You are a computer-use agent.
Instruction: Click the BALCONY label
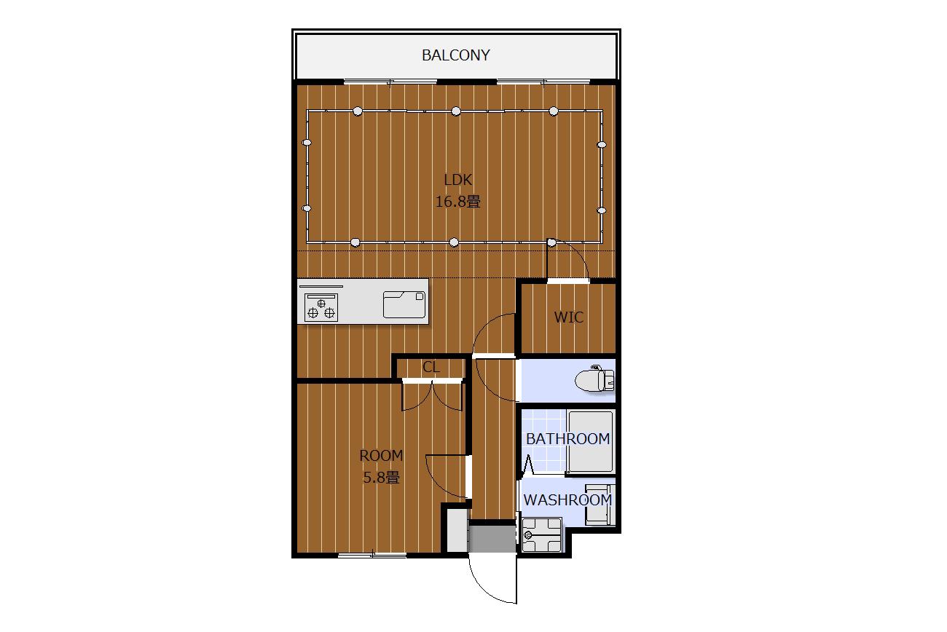pyautogui.click(x=456, y=55)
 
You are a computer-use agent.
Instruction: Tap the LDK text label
pyautogui.click(x=457, y=180)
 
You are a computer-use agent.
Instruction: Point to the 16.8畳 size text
pyautogui.click(x=458, y=202)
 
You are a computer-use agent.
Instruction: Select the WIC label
pyautogui.click(x=569, y=317)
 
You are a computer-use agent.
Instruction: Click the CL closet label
pyautogui.click(x=431, y=367)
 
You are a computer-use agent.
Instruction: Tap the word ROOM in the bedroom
pyautogui.click(x=381, y=455)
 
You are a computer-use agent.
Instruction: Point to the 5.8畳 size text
pyautogui.click(x=381, y=478)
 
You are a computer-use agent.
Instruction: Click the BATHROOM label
pyautogui.click(x=567, y=439)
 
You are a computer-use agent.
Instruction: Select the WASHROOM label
pyautogui.click(x=567, y=500)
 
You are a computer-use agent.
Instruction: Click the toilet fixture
pyautogui.click(x=594, y=379)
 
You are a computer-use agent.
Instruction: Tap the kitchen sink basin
pyautogui.click(x=404, y=304)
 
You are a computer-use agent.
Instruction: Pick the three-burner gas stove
pyautogui.click(x=321, y=307)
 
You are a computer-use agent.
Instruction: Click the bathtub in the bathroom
pyautogui.click(x=591, y=442)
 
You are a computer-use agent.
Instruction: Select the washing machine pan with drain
pyautogui.click(x=542, y=535)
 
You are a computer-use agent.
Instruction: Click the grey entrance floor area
pyautogui.click(x=492, y=539)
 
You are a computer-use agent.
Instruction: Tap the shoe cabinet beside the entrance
pyautogui.click(x=457, y=530)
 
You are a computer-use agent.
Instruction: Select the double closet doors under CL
pyautogui.click(x=432, y=395)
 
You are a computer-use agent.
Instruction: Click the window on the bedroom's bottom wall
pyautogui.click(x=372, y=555)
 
